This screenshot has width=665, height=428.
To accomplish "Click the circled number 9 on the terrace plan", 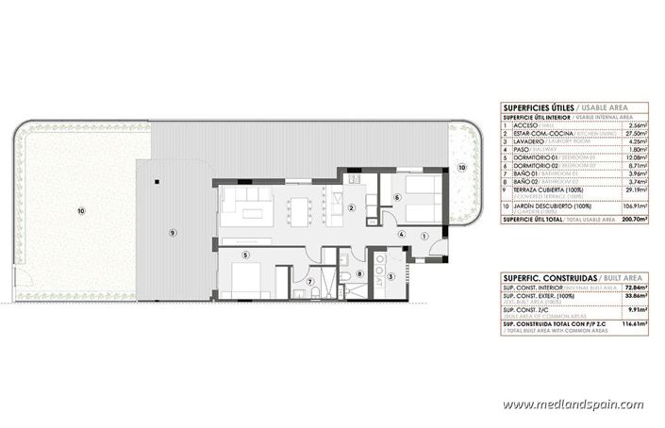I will [x=173, y=232].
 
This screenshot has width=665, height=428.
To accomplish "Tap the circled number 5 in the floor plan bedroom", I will [x=245, y=254].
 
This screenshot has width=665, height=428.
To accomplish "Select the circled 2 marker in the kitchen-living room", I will [x=350, y=208].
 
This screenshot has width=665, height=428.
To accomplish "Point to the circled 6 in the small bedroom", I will [x=398, y=198].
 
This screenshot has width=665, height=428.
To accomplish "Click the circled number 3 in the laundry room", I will [x=391, y=276].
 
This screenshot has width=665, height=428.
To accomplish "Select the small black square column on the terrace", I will [x=157, y=179].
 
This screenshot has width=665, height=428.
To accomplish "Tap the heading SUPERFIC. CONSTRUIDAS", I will [x=550, y=279].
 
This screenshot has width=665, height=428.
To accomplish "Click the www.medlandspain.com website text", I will [x=574, y=404].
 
